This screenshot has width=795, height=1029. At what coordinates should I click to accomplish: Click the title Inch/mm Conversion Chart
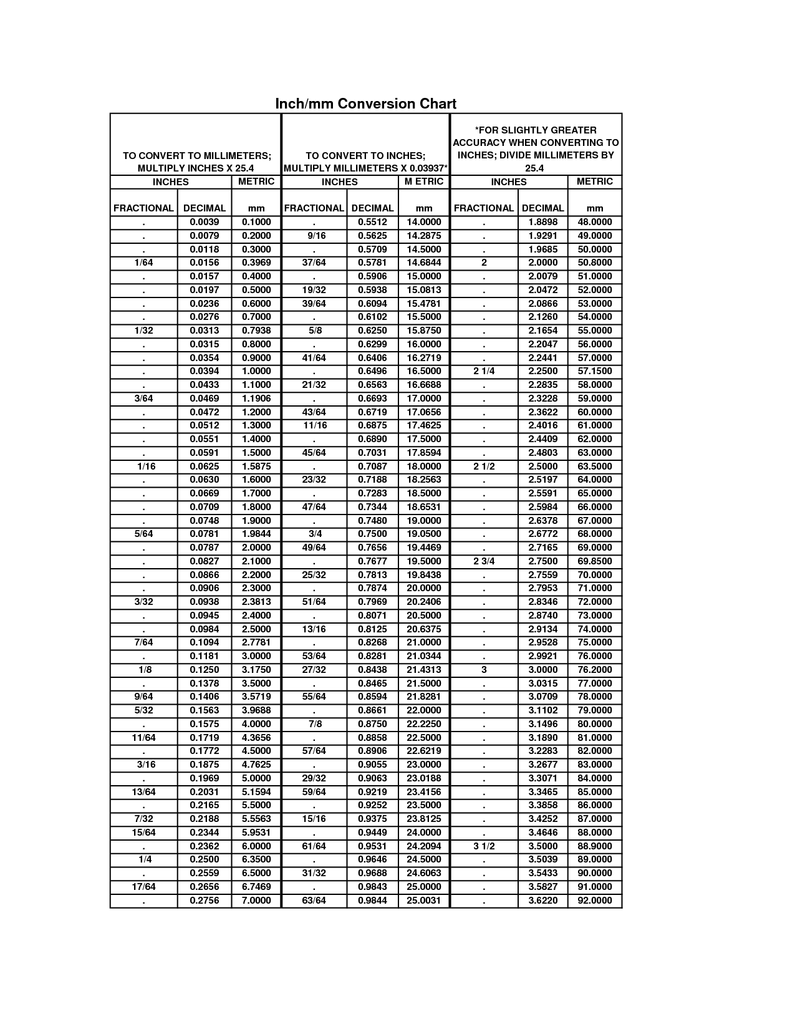tap(365, 104)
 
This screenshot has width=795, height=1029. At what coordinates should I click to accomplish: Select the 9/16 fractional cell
tap(314, 236)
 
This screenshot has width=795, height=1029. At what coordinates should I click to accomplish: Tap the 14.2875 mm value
tap(423, 236)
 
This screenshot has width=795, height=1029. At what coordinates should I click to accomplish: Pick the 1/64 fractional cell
tap(143, 263)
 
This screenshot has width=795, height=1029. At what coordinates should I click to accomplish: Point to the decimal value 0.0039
tap(204, 222)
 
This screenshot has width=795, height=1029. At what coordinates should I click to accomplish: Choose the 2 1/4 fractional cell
tap(484, 371)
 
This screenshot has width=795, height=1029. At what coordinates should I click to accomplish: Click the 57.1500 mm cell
tap(595, 371)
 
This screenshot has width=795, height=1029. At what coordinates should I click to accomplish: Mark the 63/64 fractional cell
tap(314, 901)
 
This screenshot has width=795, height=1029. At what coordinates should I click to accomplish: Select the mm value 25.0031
tap(423, 901)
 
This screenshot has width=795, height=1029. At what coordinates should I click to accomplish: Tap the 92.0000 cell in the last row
tap(595, 901)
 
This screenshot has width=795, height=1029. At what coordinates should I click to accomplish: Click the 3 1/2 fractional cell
tap(484, 846)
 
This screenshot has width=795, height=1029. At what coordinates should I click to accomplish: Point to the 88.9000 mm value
tap(595, 846)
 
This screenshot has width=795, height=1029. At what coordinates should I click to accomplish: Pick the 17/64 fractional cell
tap(143, 887)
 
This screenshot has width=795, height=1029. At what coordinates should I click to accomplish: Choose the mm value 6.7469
tap(256, 887)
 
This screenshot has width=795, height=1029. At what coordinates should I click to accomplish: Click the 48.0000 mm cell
tap(595, 222)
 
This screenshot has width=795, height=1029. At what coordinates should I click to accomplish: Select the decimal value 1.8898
tap(542, 222)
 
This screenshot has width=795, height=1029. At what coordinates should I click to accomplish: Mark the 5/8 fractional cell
tap(314, 331)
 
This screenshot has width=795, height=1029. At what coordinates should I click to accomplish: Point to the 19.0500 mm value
tap(423, 534)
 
